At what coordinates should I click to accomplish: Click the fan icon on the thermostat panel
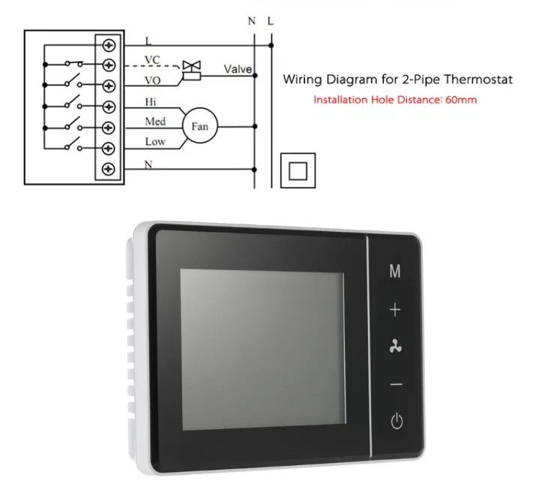point(395,345)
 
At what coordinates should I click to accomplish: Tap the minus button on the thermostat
point(396,385)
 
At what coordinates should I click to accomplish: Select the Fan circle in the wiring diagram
point(199,126)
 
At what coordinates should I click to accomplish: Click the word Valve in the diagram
point(237,70)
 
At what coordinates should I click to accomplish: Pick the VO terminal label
point(152,77)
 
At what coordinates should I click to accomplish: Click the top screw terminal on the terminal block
point(109,45)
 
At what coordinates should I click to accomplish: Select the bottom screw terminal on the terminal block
point(109,167)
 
